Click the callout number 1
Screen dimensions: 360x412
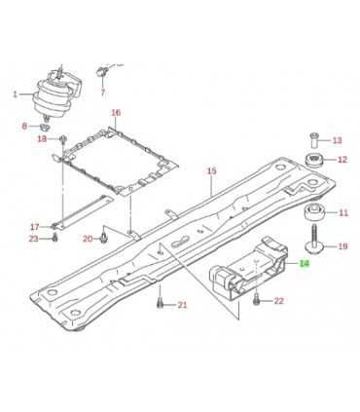(15, 94)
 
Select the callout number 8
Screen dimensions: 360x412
(24, 128)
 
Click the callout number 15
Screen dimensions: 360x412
(211, 171)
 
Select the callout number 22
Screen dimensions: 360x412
(279, 301)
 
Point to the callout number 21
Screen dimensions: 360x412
(181, 307)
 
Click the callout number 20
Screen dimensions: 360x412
(88, 239)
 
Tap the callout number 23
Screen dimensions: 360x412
(34, 239)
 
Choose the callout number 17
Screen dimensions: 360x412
(34, 226)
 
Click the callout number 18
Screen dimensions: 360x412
(42, 139)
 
